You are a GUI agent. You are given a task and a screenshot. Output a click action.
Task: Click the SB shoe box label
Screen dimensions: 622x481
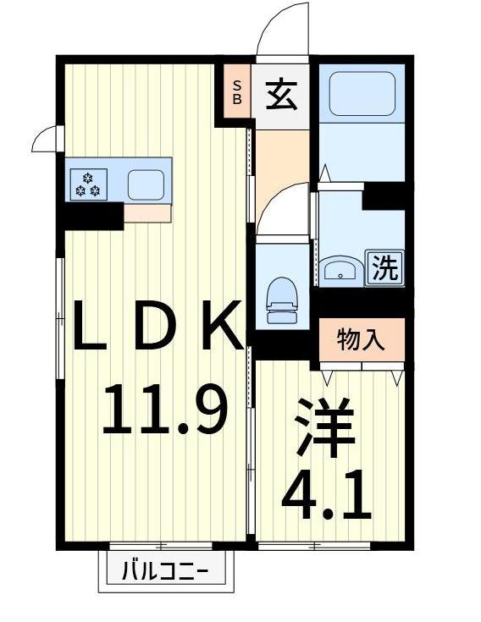(x=237, y=91)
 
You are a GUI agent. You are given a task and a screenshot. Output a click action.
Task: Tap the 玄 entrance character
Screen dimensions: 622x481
(x=282, y=93)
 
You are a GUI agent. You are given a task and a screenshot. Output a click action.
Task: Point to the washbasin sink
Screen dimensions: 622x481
(x=341, y=270)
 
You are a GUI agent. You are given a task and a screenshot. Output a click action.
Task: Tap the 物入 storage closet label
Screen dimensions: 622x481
(x=362, y=339)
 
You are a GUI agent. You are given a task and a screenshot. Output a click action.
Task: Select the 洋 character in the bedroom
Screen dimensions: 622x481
(x=325, y=432)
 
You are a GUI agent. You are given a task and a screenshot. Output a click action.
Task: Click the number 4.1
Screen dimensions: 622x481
(x=326, y=498)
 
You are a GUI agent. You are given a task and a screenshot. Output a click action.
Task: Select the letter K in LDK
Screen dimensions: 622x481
(x=222, y=328)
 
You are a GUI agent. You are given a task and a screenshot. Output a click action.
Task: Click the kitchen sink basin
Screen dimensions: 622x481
(x=146, y=183)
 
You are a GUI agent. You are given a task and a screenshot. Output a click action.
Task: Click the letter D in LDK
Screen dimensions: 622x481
(x=158, y=328)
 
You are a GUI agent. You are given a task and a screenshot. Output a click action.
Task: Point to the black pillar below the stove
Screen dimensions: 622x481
(x=93, y=216)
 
